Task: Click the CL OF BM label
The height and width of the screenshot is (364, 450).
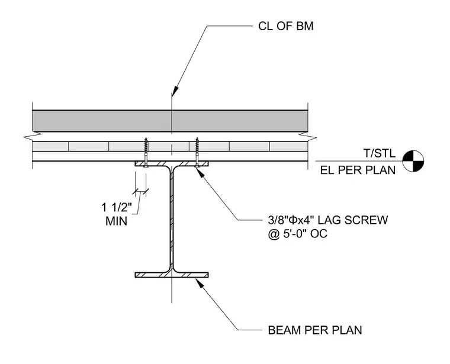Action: point(285,26)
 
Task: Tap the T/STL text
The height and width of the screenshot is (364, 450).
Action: point(380,153)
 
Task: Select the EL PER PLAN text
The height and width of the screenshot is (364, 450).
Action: point(358,170)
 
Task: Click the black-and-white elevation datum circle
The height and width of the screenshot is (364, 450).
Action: point(413,161)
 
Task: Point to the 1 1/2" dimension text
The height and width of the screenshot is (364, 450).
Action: point(117,207)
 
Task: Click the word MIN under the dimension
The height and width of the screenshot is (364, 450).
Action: point(116,221)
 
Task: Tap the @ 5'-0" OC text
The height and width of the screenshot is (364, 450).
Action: point(298,234)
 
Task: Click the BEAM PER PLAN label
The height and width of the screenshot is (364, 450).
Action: point(315,330)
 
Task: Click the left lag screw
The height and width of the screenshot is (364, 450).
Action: point(146,152)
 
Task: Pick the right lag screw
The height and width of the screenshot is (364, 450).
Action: point(197,152)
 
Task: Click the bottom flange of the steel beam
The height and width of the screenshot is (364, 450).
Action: point(172,275)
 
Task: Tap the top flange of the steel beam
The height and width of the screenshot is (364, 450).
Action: point(172,163)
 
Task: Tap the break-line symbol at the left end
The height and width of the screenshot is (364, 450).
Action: point(32,137)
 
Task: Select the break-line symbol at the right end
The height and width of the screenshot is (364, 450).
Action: point(308,137)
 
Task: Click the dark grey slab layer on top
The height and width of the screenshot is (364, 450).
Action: point(170,121)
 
